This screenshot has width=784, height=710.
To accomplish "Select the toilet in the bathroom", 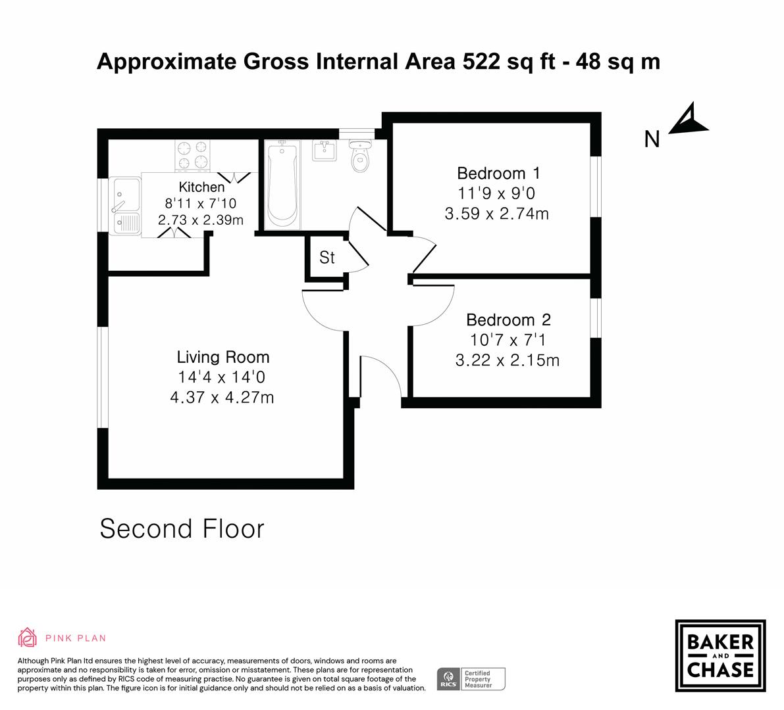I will [360, 156].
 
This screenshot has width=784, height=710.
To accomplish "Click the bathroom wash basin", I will [323, 151].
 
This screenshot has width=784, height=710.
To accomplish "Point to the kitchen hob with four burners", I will [192, 156].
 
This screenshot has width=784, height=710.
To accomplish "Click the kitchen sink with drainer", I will [126, 206].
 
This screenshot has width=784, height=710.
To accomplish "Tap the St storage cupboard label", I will [327, 258].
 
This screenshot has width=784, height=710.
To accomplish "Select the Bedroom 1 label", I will [498, 174].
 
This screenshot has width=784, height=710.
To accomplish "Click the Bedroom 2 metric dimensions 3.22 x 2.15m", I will [507, 360].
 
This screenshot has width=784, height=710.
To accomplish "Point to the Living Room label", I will [223, 358].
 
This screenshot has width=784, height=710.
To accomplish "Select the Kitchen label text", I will [201, 187].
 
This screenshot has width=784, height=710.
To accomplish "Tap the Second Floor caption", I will [182, 529].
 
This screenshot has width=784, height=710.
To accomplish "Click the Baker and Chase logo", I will [720, 655].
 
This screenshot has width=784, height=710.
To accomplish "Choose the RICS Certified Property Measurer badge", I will [471, 678].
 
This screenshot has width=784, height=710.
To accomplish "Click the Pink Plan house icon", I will [28, 637].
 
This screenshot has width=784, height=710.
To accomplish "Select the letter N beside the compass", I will [652, 139].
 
